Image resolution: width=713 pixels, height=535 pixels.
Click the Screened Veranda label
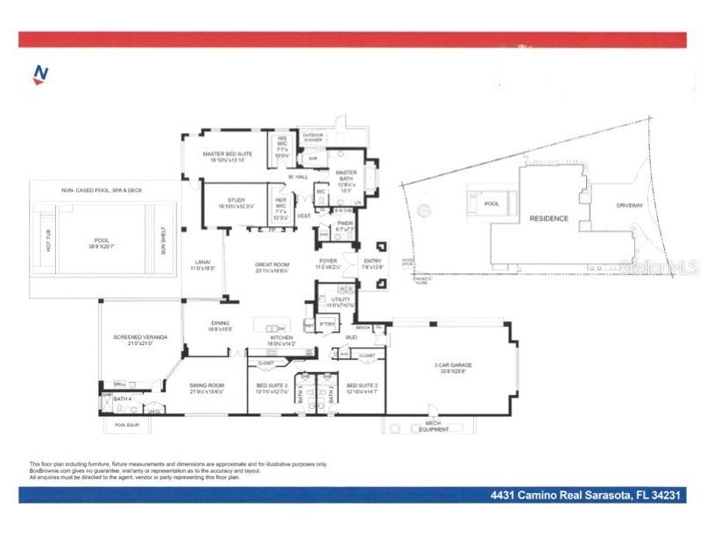pyautogui.click(x=134, y=340)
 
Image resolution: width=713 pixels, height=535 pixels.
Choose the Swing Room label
pyautogui.click(x=207, y=385)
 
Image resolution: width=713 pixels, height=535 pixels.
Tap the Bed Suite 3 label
pyautogui.click(x=272, y=385)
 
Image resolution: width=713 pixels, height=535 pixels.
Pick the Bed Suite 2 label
pyautogui.click(x=362, y=385)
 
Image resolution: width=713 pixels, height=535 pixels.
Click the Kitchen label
pyautogui.click(x=281, y=339)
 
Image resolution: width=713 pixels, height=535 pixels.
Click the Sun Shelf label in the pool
pyautogui.click(x=163, y=237)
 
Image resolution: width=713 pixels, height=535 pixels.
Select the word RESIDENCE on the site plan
pyautogui.click(x=548, y=218)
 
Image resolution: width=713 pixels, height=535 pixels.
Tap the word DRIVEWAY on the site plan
pyautogui.click(x=629, y=206)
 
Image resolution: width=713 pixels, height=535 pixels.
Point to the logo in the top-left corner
pyautogui.click(x=39, y=76)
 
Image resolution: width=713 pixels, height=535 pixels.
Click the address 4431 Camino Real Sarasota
pyautogui.click(x=584, y=496)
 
